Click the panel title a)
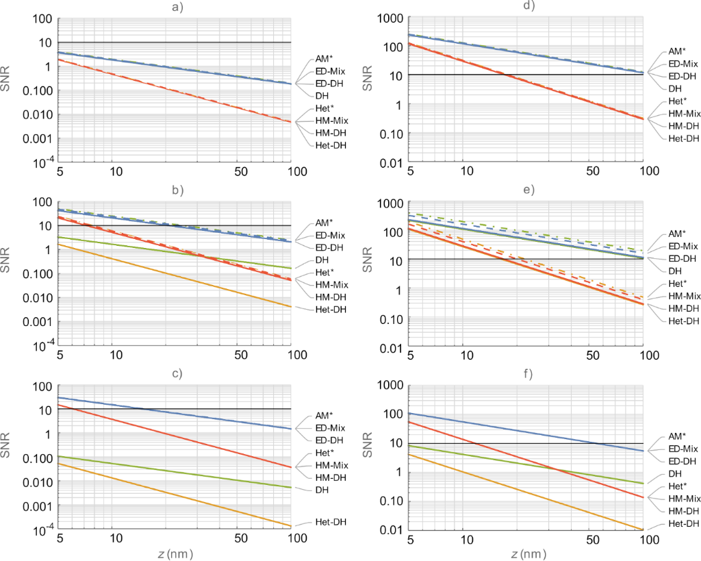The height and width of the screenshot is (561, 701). [x=177, y=9]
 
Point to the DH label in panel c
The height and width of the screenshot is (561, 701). [x=322, y=490]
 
